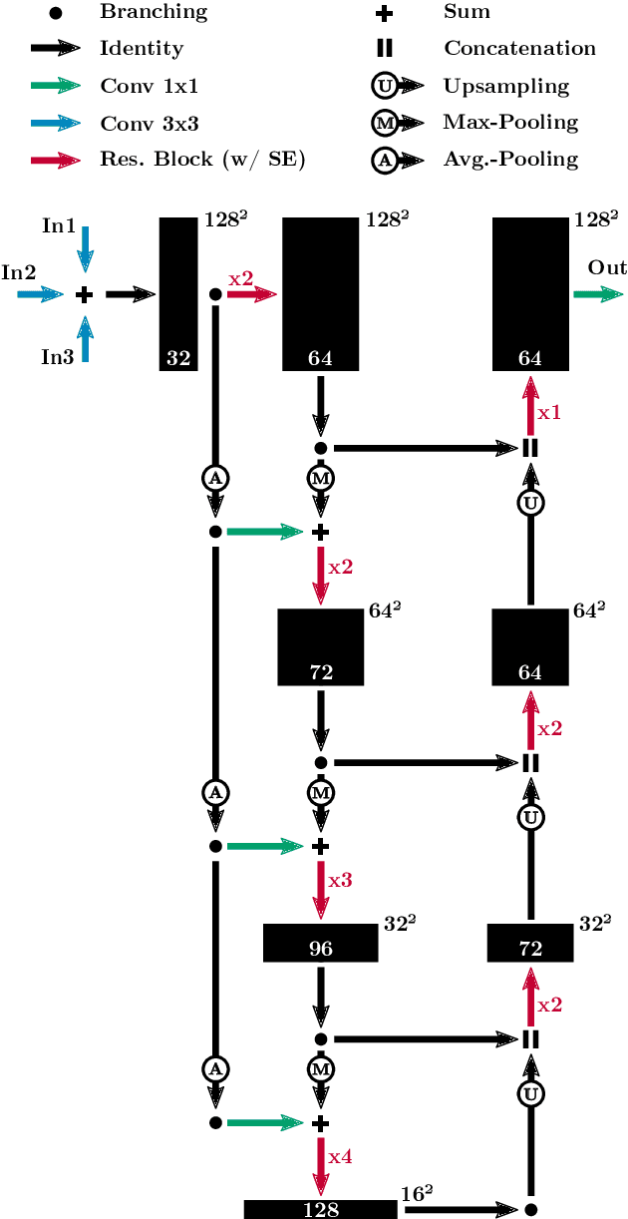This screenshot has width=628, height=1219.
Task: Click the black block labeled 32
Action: pyautogui.click(x=179, y=294)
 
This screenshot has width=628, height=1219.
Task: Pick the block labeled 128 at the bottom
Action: pyautogui.click(x=320, y=1209)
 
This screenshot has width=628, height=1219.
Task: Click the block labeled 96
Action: pyautogui.click(x=320, y=943)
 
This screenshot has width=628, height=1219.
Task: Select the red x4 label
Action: pyautogui.click(x=340, y=1157)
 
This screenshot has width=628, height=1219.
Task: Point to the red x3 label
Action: pyautogui.click(x=340, y=882)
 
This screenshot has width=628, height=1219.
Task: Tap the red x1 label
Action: pyautogui.click(x=550, y=411)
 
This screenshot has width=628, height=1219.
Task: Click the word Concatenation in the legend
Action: pyautogui.click(x=519, y=49)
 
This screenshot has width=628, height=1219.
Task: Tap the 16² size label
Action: pyautogui.click(x=417, y=1191)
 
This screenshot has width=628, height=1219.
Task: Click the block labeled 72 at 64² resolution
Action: pyautogui.click(x=320, y=646)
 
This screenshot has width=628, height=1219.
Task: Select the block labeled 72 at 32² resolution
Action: pyautogui.click(x=530, y=943)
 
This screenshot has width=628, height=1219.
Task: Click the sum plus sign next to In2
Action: pyautogui.click(x=85, y=294)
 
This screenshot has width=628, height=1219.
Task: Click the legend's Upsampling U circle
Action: pyautogui.click(x=385, y=87)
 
